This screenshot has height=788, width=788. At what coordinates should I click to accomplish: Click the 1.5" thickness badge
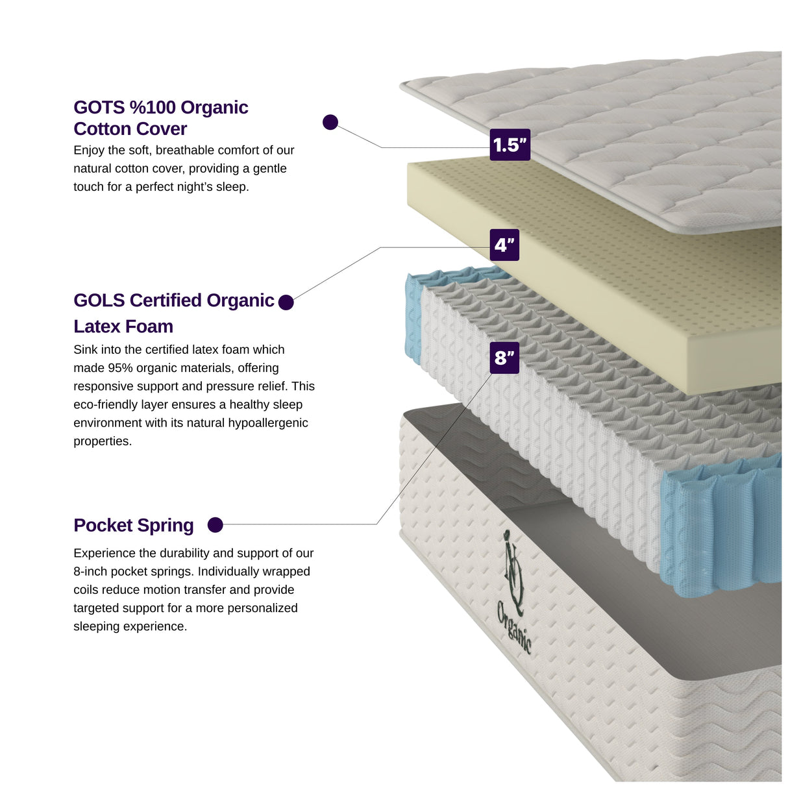[510, 145]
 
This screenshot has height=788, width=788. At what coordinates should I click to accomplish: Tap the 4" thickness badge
[504, 245]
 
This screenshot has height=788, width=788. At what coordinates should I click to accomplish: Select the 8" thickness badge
[504, 358]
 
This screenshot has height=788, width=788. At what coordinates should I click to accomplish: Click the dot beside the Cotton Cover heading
[330, 122]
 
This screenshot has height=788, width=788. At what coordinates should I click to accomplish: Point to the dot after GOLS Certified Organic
[286, 302]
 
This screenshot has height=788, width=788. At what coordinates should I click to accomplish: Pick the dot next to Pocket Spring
[215, 525]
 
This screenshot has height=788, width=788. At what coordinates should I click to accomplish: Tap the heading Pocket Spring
[134, 525]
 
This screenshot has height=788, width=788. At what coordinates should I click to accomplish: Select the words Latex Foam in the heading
[123, 326]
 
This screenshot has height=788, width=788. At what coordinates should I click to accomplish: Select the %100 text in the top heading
[153, 107]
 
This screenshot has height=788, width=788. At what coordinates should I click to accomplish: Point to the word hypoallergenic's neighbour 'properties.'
[103, 441]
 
